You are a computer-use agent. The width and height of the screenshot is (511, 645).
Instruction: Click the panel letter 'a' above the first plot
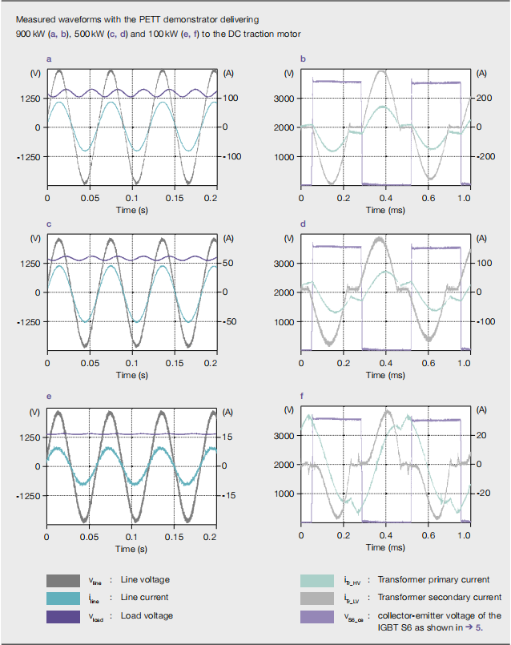click(x=49, y=59)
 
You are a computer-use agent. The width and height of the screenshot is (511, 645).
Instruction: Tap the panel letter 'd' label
click(x=303, y=224)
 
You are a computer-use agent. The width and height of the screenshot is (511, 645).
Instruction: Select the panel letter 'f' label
click(x=302, y=396)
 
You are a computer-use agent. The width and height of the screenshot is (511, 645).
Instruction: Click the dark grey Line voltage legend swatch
click(x=63, y=580)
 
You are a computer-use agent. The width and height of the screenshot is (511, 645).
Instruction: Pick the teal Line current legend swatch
click(x=63, y=598)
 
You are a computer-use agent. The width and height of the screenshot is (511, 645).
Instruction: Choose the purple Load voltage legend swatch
click(x=63, y=617)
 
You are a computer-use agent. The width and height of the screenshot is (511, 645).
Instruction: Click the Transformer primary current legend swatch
click(x=317, y=580)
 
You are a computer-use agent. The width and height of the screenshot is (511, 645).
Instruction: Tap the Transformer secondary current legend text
click(x=440, y=597)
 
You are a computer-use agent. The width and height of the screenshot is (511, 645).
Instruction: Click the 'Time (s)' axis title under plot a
click(x=132, y=210)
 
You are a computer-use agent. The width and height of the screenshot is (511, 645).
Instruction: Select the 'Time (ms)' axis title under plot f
click(x=385, y=547)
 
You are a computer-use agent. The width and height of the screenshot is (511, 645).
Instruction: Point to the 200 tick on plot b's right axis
click(x=485, y=98)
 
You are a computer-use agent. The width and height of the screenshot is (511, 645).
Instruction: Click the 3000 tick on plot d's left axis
click(x=284, y=264)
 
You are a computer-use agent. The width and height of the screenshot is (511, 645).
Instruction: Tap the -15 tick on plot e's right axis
click(x=229, y=495)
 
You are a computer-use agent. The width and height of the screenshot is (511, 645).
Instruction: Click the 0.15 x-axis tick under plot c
click(x=175, y=363)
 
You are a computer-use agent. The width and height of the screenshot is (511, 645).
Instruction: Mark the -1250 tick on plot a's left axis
click(x=29, y=157)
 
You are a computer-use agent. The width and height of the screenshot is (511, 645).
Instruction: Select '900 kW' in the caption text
click(x=30, y=34)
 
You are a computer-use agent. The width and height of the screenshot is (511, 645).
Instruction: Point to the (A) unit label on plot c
click(x=228, y=239)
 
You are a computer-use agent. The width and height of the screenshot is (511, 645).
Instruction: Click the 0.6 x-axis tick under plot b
click(x=428, y=198)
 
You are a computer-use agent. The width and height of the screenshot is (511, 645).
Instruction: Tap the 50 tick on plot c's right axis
click(x=228, y=264)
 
